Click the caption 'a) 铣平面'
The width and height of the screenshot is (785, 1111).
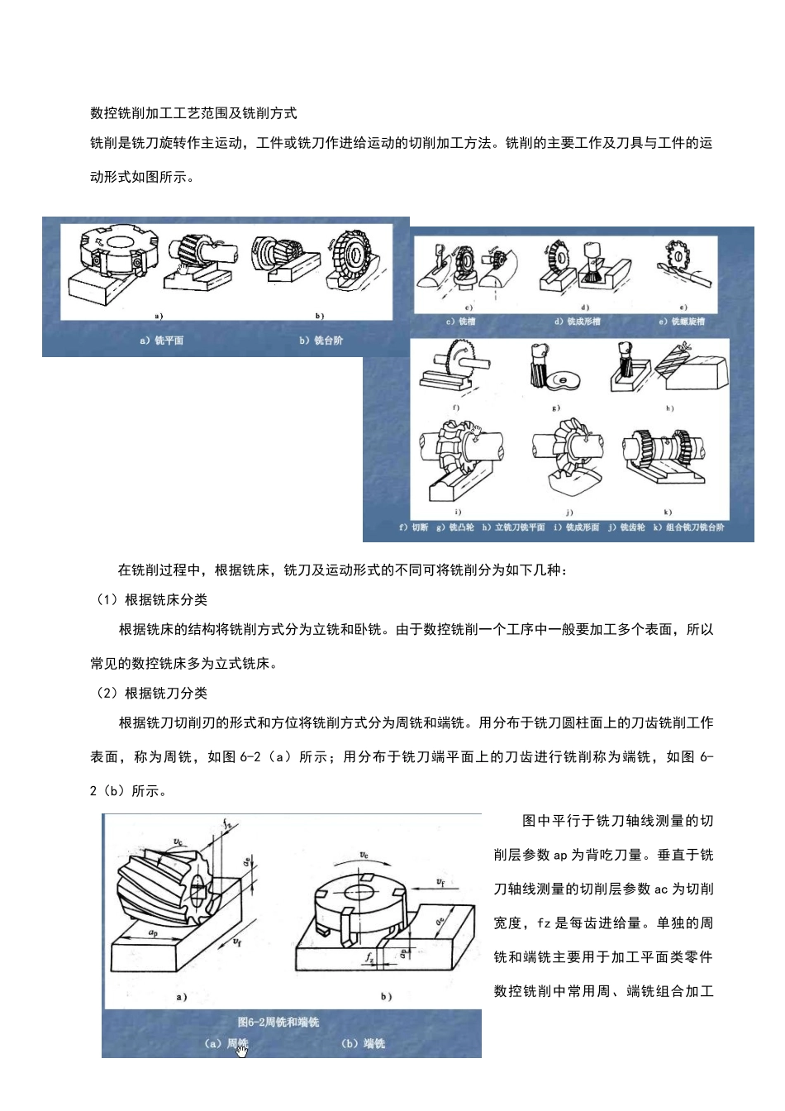coord(162,341)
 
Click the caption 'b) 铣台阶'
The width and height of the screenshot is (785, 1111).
coord(321,341)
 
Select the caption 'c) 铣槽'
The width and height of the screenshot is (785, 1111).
coord(461,322)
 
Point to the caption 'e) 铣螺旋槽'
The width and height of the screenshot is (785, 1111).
coord(682,322)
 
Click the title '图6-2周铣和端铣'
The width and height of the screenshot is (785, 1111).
coord(278,1023)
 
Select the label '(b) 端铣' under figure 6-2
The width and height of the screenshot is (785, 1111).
coord(364,1044)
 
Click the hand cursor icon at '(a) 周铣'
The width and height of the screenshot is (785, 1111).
coord(242,1050)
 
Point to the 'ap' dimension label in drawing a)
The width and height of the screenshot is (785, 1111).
coord(154,933)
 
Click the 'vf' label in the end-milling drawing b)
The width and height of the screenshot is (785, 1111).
coord(441,882)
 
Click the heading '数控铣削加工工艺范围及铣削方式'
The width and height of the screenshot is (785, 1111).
coord(193,113)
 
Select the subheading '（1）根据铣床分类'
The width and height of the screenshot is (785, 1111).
coord(152,600)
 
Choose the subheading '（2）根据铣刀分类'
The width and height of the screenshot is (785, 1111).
coord(152,694)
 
